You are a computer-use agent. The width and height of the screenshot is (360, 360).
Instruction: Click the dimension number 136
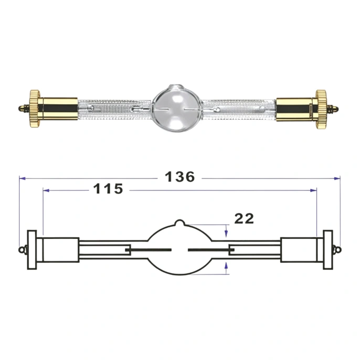pyautogui.click(x=180, y=177)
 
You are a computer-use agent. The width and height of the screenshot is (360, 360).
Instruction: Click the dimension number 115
pyautogui.click(x=108, y=189)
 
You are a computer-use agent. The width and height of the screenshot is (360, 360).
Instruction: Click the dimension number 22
pyautogui.click(x=244, y=218)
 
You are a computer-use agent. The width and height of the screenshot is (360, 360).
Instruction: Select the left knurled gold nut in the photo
pyautogui.click(x=35, y=109)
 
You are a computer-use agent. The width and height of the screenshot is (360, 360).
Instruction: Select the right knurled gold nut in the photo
pyautogui.click(x=321, y=109)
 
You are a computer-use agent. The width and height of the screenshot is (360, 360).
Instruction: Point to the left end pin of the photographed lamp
pyautogui.click(x=24, y=108)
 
